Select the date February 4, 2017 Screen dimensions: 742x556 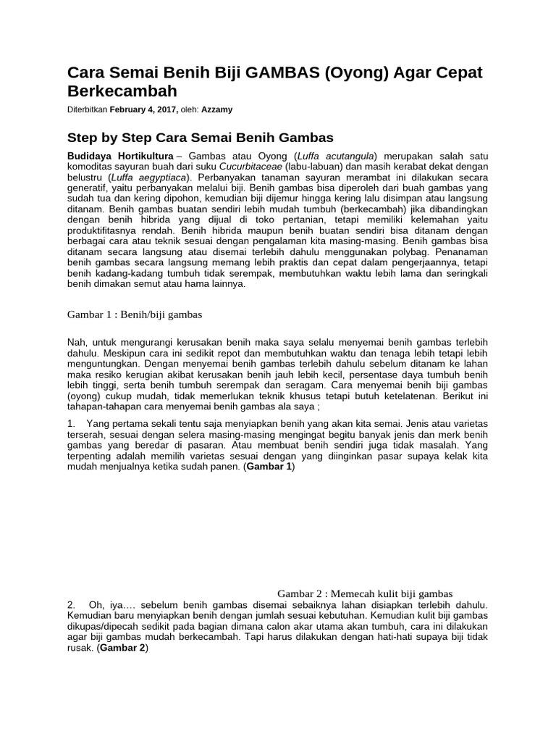pyautogui.click(x=143, y=109)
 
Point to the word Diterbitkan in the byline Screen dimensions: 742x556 pyautogui.click(x=87, y=109)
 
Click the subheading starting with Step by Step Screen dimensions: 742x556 pyautogui.click(x=200, y=137)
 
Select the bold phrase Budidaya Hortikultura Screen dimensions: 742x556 pyautogui.click(x=120, y=157)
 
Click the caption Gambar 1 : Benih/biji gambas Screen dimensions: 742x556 pyautogui.click(x=134, y=314)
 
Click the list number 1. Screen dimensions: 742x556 pyautogui.click(x=71, y=422)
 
